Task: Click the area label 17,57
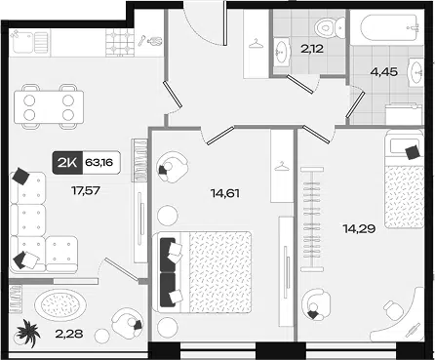point(85,190)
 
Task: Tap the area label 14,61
point(225,193)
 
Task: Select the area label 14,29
point(359,229)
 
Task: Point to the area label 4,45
point(384,71)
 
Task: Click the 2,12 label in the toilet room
point(311,49)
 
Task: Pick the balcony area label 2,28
point(69,334)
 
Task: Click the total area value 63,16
point(99,162)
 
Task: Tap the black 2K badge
point(68,163)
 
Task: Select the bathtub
point(388,27)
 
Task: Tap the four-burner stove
point(119,42)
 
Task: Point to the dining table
point(49,107)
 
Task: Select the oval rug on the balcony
point(60,305)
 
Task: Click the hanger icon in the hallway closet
point(257,44)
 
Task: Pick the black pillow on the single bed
point(413,152)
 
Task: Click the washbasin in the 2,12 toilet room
point(282,52)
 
